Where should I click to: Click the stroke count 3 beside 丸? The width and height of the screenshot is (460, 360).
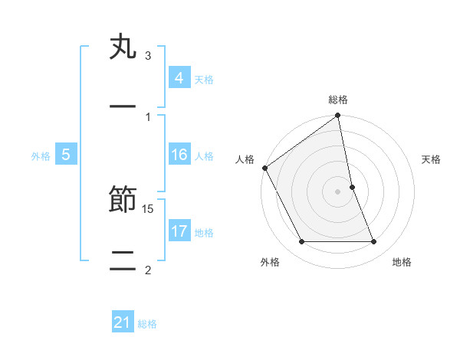[148, 56]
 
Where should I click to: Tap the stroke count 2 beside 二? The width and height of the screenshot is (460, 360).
[148, 269]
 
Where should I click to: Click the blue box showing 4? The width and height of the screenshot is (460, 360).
[179, 78]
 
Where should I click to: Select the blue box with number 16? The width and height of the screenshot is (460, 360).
[179, 155]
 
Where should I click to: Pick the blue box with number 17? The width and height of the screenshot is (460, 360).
[179, 231]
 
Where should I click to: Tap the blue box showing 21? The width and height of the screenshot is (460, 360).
[123, 322]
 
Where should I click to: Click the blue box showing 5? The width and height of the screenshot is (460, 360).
[66, 155]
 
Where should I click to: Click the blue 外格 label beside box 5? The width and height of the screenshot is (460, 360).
[41, 156]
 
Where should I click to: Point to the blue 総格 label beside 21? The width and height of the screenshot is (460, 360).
[147, 324]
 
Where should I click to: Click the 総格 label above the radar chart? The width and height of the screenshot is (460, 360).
[338, 100]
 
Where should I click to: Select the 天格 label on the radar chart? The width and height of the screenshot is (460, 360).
[432, 159]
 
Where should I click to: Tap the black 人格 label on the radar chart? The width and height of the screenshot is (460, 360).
[245, 159]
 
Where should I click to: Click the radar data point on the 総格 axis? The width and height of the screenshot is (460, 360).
[338, 116]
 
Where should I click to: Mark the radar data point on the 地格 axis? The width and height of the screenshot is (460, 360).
[374, 242]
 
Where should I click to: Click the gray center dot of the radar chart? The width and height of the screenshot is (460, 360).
[338, 191]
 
